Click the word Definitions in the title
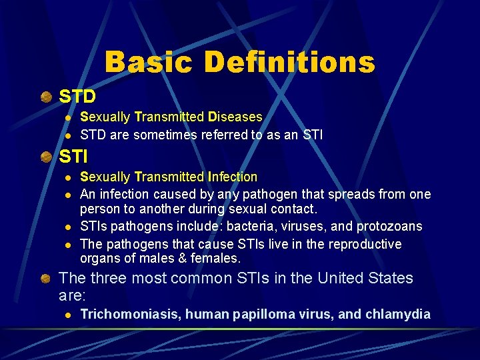click(289, 62)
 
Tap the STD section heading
click(78, 97)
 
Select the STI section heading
click(73, 157)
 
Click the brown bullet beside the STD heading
click(46, 97)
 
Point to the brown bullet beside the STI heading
click(46, 157)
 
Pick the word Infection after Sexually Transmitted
click(233, 177)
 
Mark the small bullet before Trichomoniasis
click(66, 315)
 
